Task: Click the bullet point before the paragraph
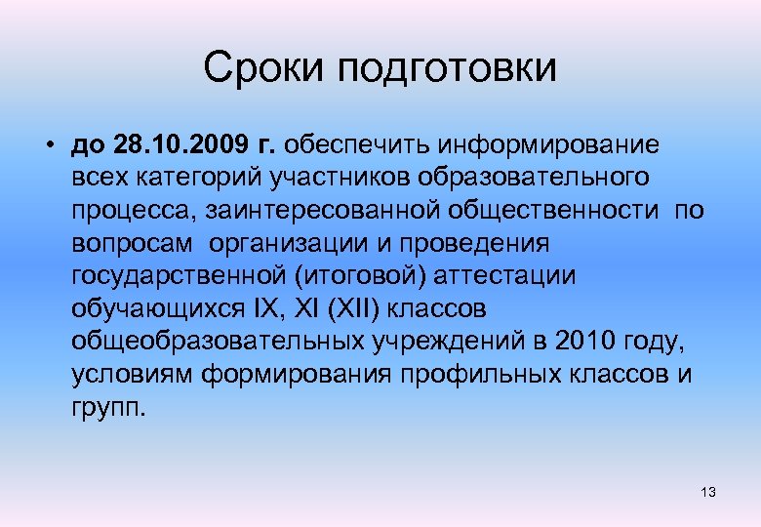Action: pos(48,145)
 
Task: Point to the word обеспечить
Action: pos(358,144)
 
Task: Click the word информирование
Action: pos(548,144)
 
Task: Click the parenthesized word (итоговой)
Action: pos(358,276)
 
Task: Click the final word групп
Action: pos(108,408)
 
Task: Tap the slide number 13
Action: pos(708,493)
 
